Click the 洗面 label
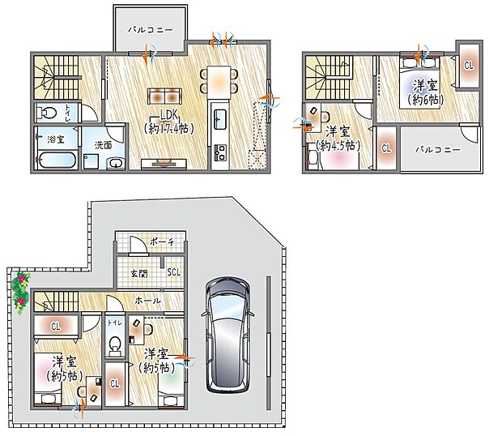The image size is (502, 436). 103,145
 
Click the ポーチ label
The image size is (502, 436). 160,243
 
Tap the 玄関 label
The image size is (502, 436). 138,273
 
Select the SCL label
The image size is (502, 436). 173,272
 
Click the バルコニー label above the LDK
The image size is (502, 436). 151,29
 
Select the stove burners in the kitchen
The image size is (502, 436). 219,152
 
